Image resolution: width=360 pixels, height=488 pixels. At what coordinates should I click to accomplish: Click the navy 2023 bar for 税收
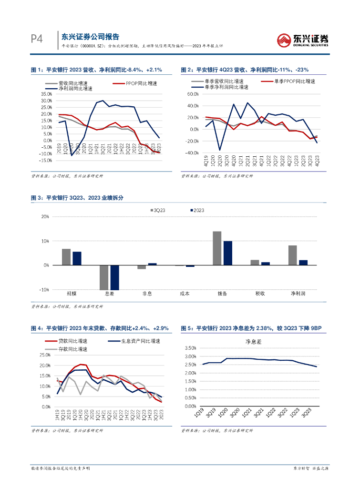266,264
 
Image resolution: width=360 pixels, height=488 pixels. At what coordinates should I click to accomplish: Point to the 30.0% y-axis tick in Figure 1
46,101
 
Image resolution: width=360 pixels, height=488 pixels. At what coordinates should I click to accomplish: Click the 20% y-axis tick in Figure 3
46,217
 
